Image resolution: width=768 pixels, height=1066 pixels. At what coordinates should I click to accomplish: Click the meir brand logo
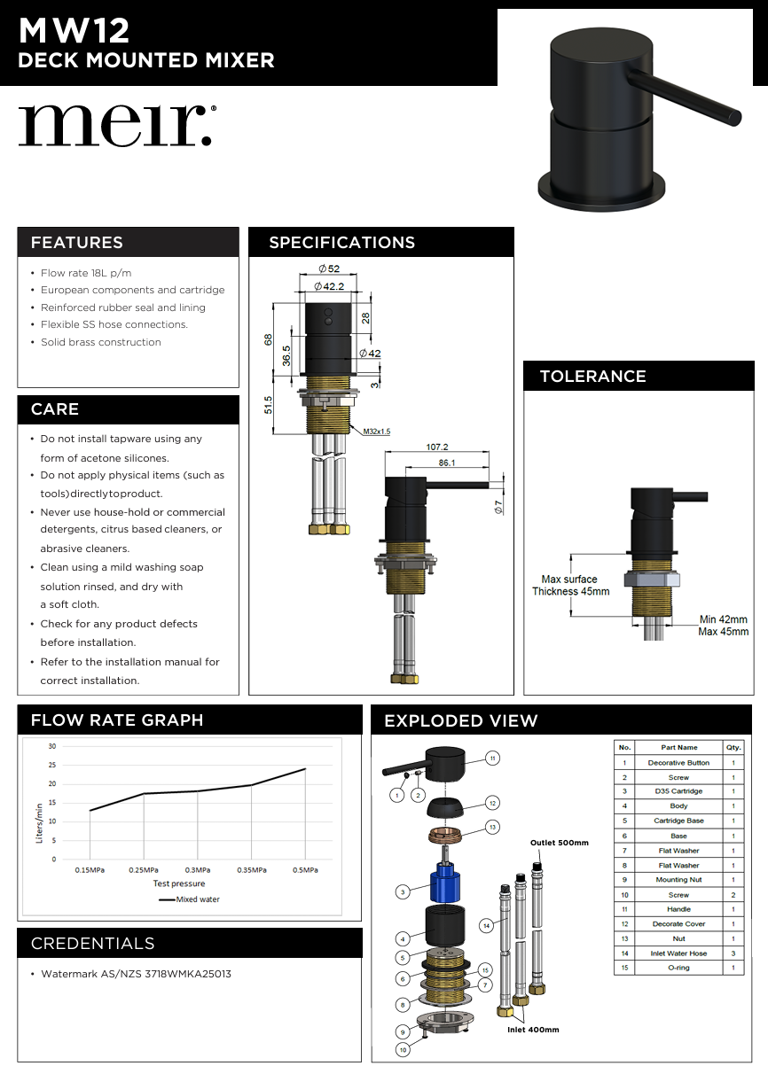coord(116,126)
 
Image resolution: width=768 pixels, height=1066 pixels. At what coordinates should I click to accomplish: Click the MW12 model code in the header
coord(74,32)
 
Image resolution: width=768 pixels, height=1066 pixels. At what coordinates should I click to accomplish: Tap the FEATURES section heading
coord(77,243)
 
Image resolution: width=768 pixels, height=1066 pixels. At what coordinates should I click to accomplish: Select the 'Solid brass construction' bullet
coord(100,342)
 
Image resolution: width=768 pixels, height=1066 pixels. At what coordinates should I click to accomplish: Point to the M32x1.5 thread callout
coord(376,431)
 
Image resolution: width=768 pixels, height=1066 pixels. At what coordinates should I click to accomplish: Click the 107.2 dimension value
coord(437,447)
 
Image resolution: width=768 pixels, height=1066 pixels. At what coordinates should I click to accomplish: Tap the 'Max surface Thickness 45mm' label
coord(570,586)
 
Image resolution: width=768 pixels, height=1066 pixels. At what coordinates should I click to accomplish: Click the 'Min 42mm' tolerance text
coord(723,619)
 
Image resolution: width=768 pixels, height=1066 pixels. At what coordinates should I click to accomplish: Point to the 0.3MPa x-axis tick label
coord(198,870)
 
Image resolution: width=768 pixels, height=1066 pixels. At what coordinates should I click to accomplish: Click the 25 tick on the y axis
coord(51,766)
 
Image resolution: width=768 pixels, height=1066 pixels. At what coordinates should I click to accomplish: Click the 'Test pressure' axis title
coord(178,883)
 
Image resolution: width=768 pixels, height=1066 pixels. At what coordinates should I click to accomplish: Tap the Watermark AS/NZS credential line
coord(136,974)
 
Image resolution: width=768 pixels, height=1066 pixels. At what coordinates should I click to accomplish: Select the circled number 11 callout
coord(493,758)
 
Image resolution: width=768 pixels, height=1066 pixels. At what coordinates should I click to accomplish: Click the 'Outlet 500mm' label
coord(559,843)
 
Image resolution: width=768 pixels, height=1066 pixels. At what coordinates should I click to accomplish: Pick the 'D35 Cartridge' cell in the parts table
coord(678,791)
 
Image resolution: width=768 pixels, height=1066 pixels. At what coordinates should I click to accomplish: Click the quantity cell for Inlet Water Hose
coord(733,953)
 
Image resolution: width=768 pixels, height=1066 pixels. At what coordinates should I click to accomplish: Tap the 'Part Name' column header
coord(678,747)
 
